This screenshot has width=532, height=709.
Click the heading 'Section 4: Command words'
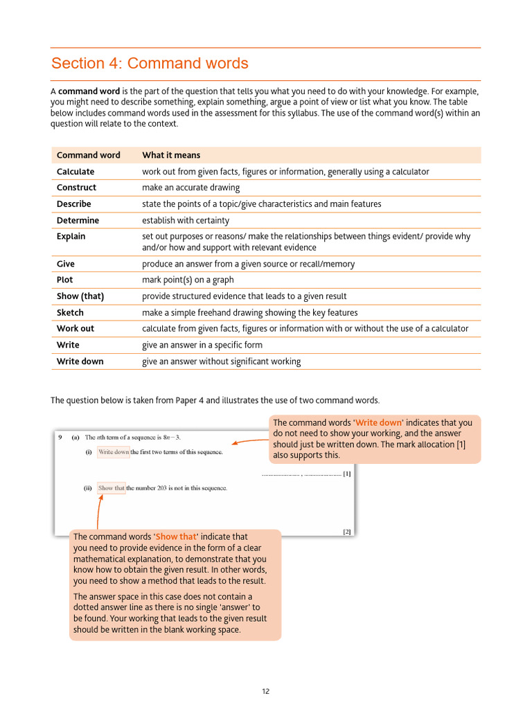coord(150,64)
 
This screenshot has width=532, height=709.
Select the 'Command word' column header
coord(88,155)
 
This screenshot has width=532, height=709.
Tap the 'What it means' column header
coord(171,155)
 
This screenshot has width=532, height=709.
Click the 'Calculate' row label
coord(76,172)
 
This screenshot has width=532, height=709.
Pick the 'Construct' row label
coord(76,188)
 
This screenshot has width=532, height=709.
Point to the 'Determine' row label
coord(78,220)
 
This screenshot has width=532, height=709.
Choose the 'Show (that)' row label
coord(80,296)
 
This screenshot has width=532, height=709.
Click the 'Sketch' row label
coord(70,312)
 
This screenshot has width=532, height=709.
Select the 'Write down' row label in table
coord(80,361)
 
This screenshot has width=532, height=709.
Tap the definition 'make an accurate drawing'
coord(190,188)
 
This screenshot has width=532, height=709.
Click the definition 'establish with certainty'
coord(185,220)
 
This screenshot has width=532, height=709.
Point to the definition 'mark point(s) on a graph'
coord(188,280)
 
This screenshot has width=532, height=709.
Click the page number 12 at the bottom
coord(265,691)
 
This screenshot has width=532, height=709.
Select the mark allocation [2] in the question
coord(346,532)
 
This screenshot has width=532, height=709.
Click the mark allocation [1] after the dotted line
coord(346,474)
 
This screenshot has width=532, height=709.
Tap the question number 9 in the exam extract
coord(60,437)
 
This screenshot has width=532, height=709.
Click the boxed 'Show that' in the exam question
coord(112,488)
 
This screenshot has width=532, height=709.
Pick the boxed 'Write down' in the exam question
coord(114,452)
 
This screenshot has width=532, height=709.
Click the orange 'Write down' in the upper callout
coord(378,422)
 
